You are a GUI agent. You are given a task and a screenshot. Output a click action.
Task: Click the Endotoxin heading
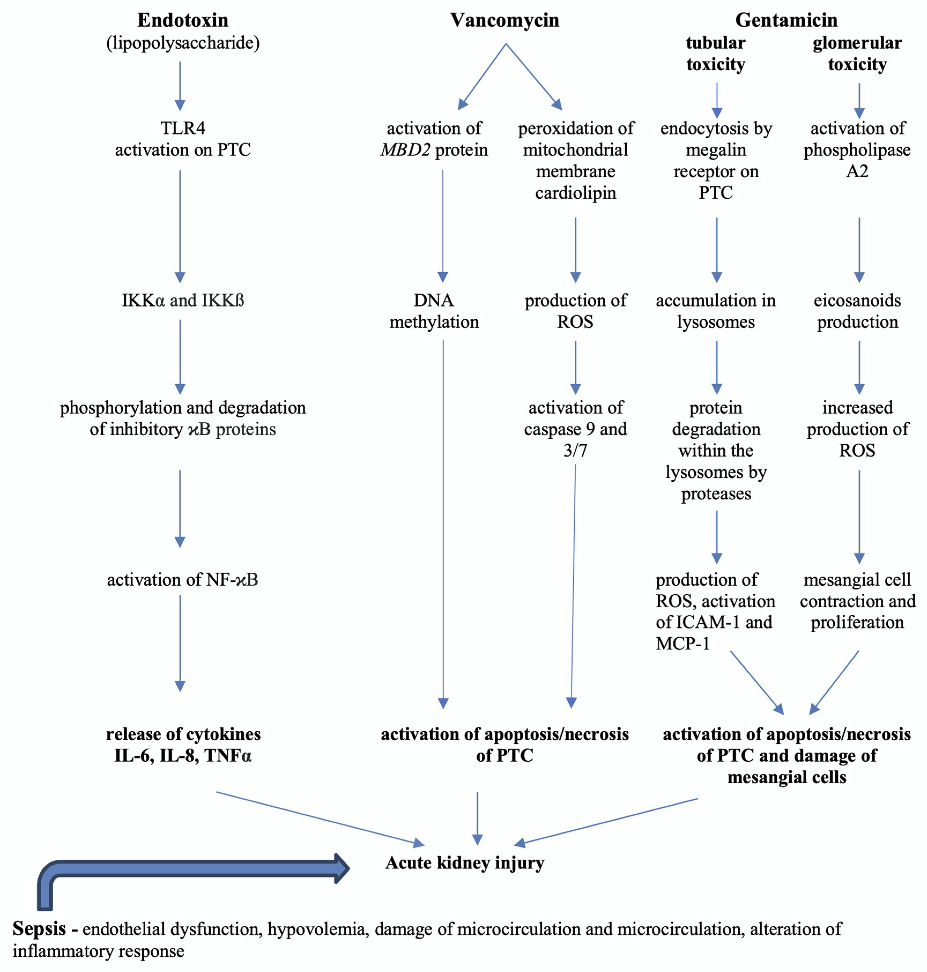[x=183, y=20]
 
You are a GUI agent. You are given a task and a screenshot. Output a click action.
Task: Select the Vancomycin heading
[x=505, y=20]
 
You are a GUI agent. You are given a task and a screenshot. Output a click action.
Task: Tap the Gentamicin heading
[x=786, y=20]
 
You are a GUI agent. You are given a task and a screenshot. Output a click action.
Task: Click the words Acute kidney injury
[x=464, y=862]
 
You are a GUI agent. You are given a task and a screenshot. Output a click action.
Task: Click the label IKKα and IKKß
[x=183, y=300]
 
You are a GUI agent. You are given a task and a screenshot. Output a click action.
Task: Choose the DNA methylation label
[x=434, y=311]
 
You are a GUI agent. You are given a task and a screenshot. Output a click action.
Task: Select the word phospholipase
[x=857, y=150]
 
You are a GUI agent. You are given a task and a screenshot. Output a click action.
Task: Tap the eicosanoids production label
[x=857, y=311]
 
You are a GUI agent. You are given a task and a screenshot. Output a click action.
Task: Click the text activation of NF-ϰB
[x=183, y=579]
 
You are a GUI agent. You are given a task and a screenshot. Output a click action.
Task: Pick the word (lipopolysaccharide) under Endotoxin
[x=183, y=43]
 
